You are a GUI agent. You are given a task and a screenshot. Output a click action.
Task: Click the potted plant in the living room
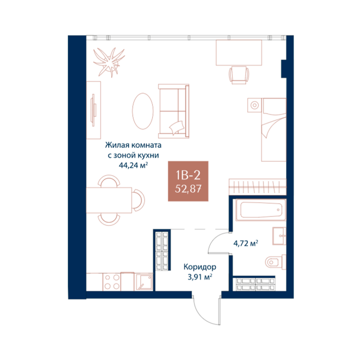(109, 62)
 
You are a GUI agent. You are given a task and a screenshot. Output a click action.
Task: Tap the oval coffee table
(142, 111)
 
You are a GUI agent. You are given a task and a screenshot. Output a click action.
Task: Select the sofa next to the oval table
(173, 111)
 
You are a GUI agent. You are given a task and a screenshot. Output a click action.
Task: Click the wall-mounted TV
(94, 110)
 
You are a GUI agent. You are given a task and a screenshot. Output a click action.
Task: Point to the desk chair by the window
(239, 75)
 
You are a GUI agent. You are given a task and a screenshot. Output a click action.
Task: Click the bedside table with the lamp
(255, 105)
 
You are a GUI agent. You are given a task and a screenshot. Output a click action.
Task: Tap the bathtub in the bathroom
(261, 210)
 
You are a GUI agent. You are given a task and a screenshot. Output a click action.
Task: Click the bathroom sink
(279, 236)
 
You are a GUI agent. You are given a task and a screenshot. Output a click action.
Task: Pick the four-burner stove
(112, 282)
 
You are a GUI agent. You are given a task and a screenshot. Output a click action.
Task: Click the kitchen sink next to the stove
(144, 282)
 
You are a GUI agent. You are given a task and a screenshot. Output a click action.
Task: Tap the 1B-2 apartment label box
(188, 181)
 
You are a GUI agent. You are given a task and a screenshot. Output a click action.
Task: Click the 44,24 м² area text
(133, 165)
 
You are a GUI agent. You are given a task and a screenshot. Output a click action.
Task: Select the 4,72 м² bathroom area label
(246, 243)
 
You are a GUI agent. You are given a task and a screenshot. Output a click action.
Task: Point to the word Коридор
(200, 267)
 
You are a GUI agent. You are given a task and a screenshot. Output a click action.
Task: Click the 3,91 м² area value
(200, 277)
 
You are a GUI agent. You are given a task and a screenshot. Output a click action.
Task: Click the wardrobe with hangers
(258, 186)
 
